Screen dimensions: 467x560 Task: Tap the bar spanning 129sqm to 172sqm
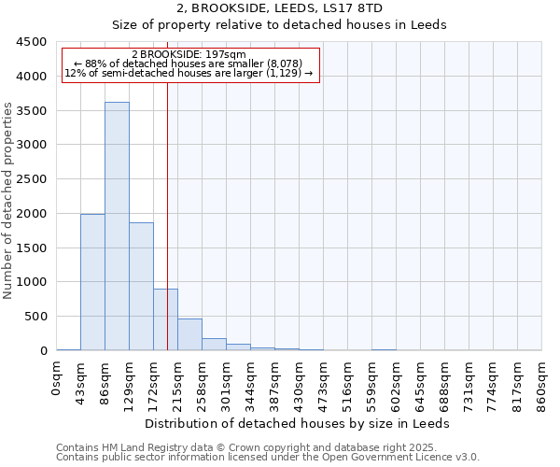(141, 286)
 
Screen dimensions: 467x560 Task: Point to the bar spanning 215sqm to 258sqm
(189, 334)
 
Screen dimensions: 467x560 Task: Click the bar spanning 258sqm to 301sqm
(214, 344)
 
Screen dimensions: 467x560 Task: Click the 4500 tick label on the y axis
(32, 42)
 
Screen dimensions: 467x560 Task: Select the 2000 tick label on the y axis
(32, 213)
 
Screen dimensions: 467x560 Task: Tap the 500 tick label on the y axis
(35, 317)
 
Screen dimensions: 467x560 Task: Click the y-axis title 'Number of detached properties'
(9, 202)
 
